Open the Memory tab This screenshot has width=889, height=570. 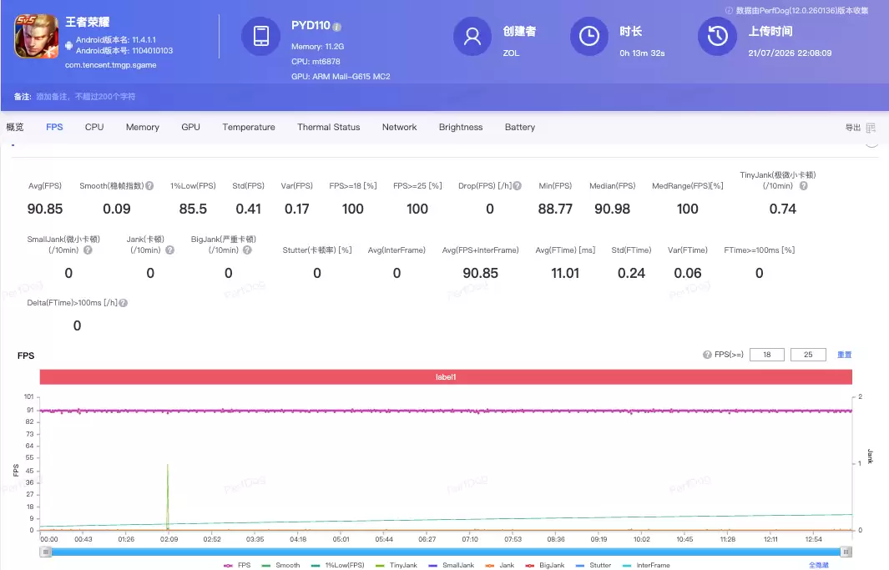142,127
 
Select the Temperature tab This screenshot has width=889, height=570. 248,127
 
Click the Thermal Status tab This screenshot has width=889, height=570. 328,127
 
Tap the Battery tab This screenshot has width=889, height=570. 520,127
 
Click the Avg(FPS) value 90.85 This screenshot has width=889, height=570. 45,209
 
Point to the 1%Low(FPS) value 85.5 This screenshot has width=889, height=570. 193,209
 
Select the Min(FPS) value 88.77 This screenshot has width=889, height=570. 555,209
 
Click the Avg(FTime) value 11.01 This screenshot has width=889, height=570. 565,273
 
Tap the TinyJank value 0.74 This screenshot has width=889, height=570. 782,209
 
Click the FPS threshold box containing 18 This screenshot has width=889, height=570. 766,355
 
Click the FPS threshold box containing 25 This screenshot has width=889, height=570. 808,355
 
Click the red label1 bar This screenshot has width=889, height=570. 446,376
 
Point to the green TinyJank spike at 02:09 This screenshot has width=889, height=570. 167,497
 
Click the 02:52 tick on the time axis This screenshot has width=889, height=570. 212,539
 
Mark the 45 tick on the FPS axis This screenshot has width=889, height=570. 29,471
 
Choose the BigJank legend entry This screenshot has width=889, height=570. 545,565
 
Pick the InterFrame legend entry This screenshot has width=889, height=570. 646,565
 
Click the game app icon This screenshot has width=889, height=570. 36,36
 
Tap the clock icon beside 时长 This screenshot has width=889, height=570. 589,36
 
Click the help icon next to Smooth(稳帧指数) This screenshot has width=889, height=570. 149,186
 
